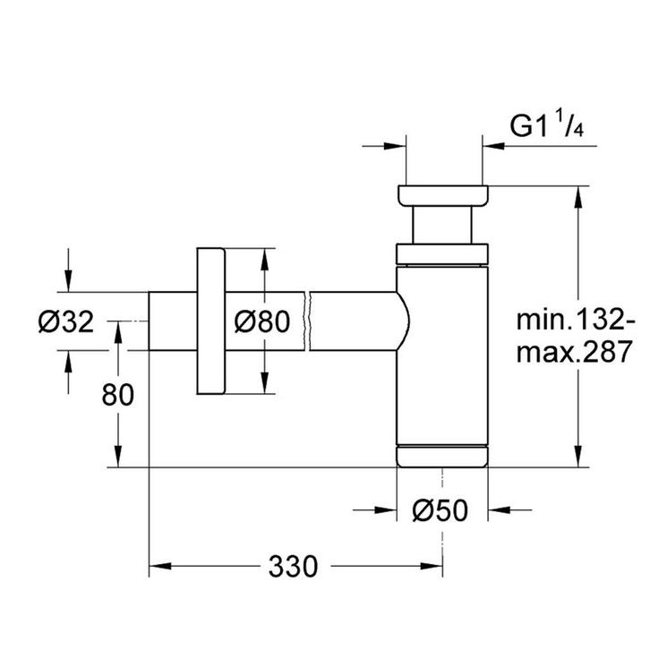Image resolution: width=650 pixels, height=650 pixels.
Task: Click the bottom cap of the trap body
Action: pyautogui.click(x=442, y=455)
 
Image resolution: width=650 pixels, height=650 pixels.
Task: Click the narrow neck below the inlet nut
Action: pyautogui.click(x=443, y=225)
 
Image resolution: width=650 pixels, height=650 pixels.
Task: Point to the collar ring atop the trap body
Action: pyautogui.click(x=442, y=254)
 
